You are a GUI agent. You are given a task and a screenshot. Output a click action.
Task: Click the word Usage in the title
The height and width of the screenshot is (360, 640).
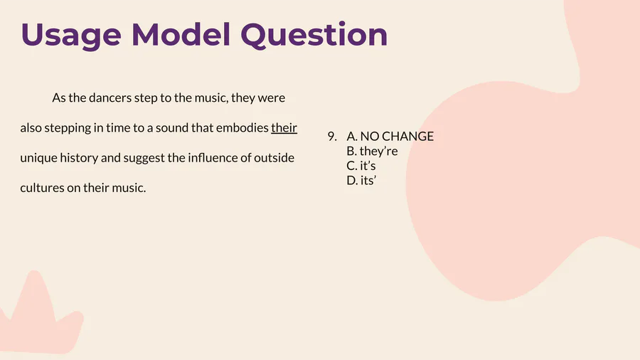(x=71, y=36)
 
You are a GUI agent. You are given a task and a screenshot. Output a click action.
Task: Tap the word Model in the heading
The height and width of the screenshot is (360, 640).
(x=181, y=34)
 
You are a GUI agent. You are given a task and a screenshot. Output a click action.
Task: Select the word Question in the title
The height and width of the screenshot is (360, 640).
(x=314, y=35)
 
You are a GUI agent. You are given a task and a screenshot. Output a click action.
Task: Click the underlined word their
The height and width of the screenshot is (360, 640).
(x=284, y=128)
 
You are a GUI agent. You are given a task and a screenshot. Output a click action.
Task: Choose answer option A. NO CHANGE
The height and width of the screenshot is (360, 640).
(x=390, y=136)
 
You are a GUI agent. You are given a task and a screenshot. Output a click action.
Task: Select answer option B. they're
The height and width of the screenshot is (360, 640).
(x=372, y=151)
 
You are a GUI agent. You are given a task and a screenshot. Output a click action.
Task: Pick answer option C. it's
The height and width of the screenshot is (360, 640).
(x=361, y=166)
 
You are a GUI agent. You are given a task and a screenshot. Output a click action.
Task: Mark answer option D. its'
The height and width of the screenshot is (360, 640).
(x=361, y=181)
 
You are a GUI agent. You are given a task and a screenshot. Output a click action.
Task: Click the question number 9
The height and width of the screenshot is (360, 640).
(x=332, y=137)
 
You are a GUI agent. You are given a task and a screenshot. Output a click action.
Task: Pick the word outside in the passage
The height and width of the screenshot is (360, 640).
(x=274, y=157)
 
